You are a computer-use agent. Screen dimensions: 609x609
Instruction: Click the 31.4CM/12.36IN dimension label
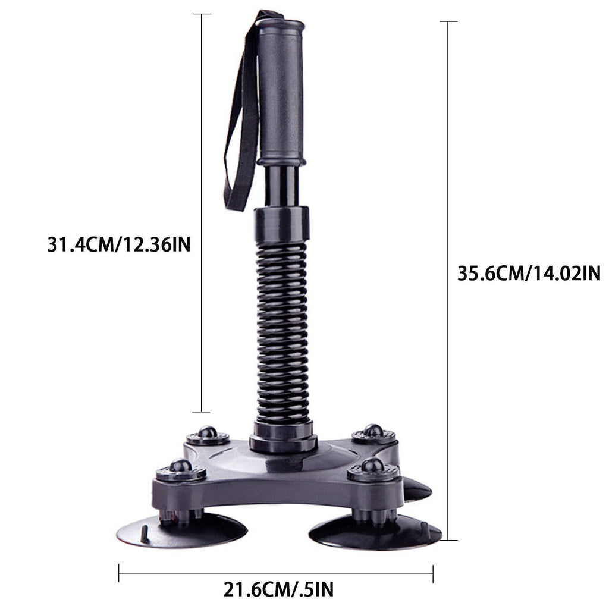(x=119, y=245)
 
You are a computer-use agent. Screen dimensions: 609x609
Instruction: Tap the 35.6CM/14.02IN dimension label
(x=529, y=274)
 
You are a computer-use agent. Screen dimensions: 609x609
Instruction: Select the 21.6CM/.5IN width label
(x=278, y=589)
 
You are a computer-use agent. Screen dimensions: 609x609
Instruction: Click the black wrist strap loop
(x=241, y=112)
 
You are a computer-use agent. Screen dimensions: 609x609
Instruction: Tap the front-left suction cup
(x=182, y=529)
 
